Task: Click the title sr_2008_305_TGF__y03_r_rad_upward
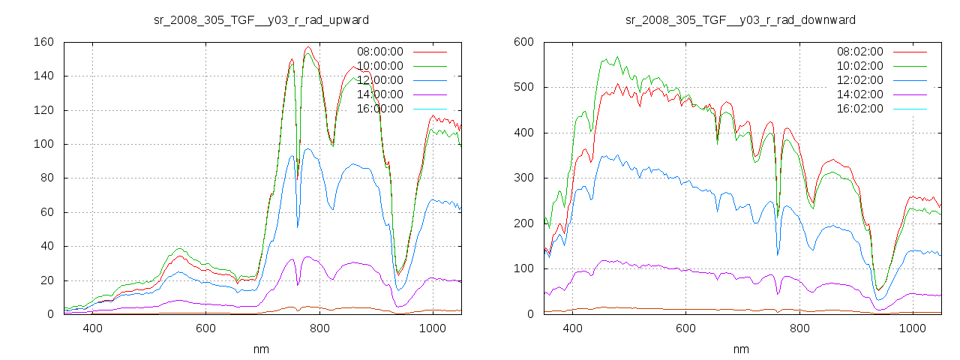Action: click(x=261, y=19)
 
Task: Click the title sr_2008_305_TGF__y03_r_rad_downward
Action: click(x=741, y=19)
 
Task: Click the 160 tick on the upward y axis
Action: click(x=43, y=42)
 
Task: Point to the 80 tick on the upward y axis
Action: click(x=46, y=178)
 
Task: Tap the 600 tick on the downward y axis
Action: click(x=523, y=42)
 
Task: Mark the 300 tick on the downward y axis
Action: click(x=523, y=178)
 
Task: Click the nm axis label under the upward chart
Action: click(x=261, y=349)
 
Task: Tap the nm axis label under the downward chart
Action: click(x=741, y=349)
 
